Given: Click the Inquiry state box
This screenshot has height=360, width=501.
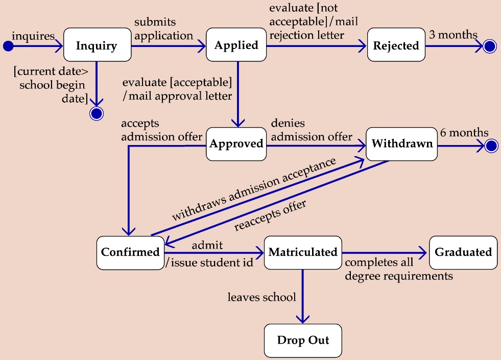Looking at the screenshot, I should tap(97, 46).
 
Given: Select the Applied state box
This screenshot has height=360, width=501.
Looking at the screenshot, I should tap(236, 45).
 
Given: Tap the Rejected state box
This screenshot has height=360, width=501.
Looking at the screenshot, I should tap(396, 45).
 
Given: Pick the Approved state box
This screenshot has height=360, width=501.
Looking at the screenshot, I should tap(236, 143).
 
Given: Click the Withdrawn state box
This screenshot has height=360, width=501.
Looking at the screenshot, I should tap(402, 143).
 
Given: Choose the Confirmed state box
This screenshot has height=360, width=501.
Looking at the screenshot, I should tap(130, 252).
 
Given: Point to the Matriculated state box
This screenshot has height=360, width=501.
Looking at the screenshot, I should tap(303, 252).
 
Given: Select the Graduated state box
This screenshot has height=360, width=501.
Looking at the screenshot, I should tap(463, 252).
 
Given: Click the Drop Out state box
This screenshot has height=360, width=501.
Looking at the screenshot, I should tap(303, 340).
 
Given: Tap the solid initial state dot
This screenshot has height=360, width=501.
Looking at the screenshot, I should tap(8, 46).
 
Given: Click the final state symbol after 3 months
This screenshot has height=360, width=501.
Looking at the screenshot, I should tap(489, 46).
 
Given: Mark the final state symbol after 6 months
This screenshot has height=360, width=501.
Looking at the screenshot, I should tap(491, 146).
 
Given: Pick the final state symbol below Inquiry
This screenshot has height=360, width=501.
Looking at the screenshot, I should tap(96, 113).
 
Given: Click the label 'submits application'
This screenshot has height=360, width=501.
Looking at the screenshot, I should tap(163, 30).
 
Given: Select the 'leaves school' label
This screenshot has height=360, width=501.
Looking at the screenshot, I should tap(261, 297).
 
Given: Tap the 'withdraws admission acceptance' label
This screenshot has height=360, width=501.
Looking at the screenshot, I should tap(254, 189).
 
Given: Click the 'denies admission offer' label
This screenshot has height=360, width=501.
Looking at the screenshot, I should tap(312, 130).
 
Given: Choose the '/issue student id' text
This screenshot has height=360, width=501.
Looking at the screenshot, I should tap(209, 263).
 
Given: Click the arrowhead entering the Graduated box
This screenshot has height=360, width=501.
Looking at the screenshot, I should tap(422, 252).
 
